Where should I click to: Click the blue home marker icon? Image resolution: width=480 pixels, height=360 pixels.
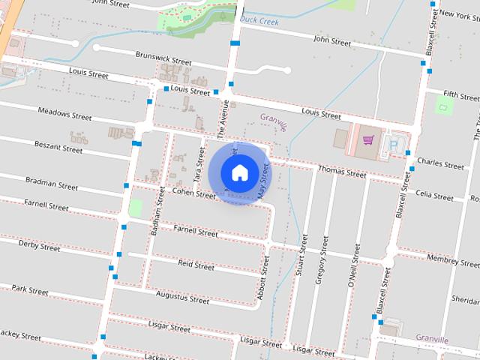coord(239,172)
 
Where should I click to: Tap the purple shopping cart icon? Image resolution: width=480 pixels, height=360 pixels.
coord(367,139)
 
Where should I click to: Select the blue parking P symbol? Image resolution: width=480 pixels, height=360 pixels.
coord(392,144)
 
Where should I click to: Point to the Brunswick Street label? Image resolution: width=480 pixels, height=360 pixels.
coord(163,57)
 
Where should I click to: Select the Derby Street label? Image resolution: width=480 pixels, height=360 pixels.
coord(39,245)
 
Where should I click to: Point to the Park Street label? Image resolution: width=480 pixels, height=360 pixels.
coord(30,289)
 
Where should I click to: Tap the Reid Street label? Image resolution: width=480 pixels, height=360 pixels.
coord(196,265)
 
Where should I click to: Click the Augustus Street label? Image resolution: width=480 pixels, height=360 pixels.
coord(182,298)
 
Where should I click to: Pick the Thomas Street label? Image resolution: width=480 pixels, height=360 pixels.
coord(342,172)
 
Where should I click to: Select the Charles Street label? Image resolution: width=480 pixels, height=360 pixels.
coord(440,163)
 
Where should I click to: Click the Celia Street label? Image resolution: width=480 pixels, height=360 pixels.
coord(434,196)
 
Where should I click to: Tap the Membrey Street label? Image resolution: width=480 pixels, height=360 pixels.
coord(452,261)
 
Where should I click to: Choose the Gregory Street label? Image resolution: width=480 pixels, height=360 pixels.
coord(321,259)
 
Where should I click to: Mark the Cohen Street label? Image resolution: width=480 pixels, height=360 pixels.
coord(193,193)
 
